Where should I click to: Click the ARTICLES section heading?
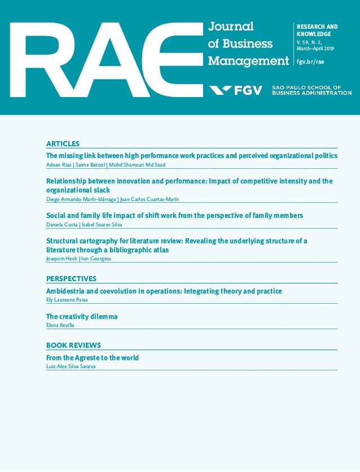63,144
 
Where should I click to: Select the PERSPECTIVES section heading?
71,279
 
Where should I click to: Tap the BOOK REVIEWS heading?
73,346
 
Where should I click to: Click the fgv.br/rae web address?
310,62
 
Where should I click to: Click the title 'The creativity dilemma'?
82,317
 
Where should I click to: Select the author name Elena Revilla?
60,325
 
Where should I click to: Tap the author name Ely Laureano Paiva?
67,300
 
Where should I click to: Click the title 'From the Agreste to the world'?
92,358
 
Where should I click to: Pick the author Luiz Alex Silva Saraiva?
72,366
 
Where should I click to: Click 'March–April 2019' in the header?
315,49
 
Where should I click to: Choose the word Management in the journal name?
248,61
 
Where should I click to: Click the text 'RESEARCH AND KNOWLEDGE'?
317,30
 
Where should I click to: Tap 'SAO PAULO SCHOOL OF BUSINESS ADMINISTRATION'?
311,90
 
